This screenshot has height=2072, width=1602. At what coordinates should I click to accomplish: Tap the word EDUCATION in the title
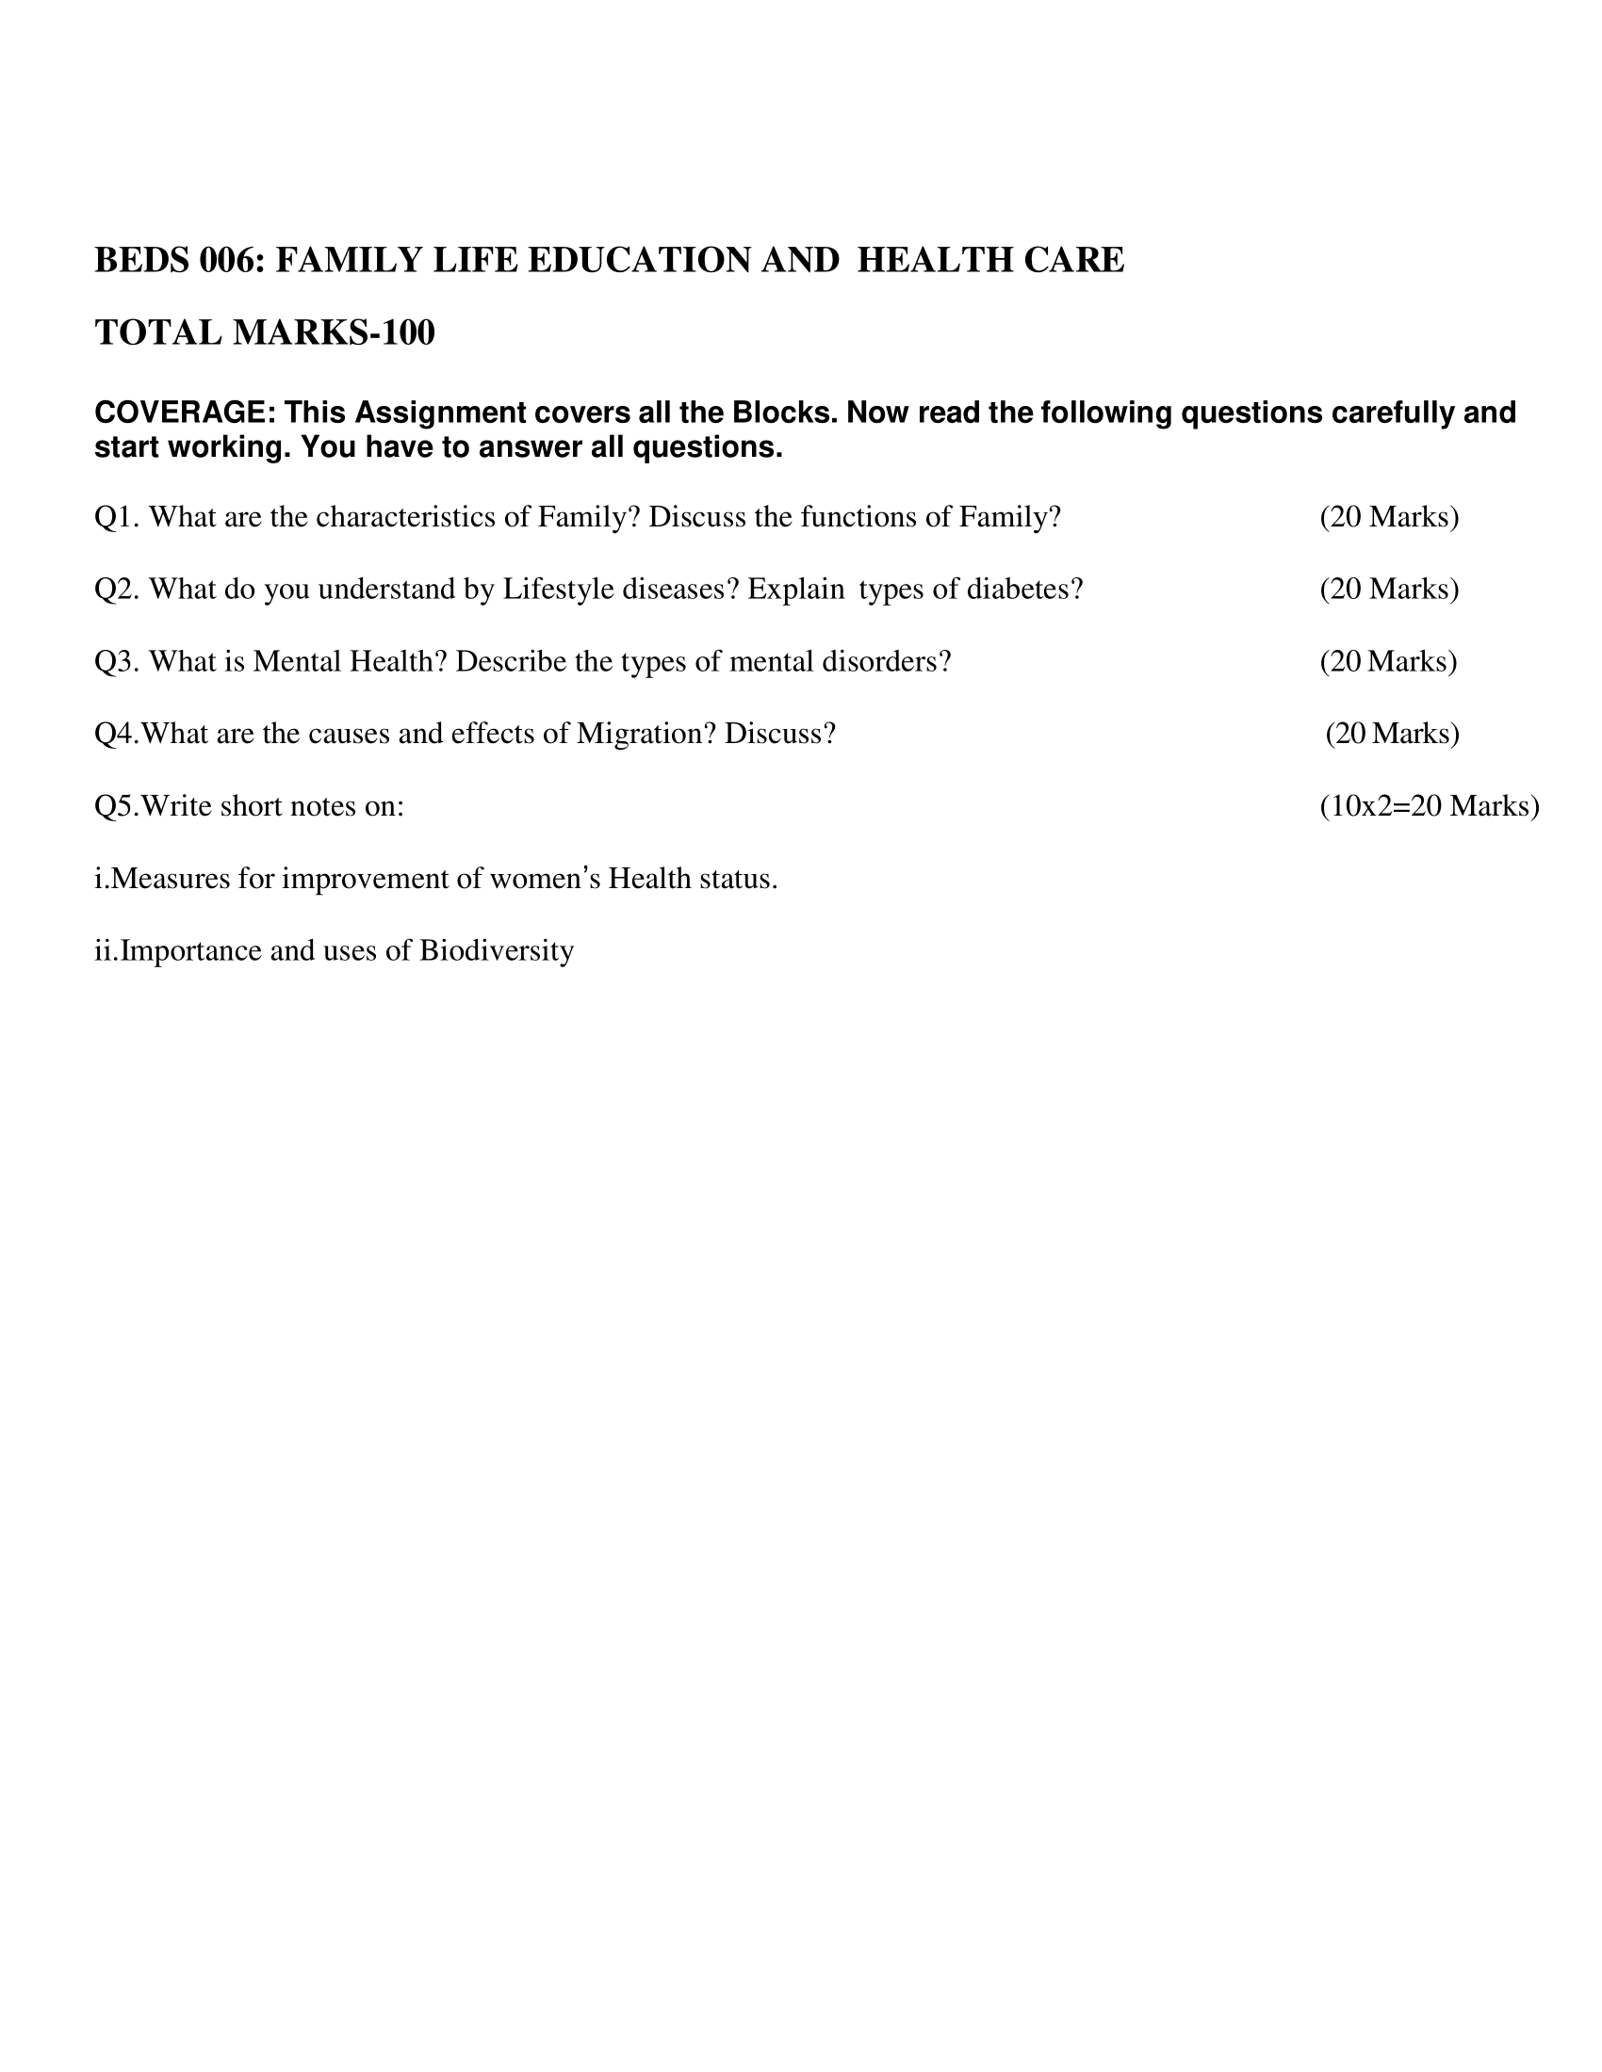pos(640,260)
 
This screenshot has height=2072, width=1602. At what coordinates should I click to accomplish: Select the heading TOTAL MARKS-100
pos(265,333)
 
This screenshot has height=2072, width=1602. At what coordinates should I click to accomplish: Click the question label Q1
pos(117,517)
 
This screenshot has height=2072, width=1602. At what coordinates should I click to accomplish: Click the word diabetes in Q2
pos(1025,590)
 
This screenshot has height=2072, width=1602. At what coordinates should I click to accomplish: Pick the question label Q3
pos(117,661)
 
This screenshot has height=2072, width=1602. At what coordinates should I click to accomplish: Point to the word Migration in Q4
pos(646,734)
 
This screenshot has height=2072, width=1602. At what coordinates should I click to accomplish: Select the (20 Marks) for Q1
pos(1388,517)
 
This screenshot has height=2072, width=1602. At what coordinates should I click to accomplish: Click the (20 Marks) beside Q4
pos(1392,734)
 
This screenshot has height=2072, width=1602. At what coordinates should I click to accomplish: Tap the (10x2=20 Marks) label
pos(1430,806)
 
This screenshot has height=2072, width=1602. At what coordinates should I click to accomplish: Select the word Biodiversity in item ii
pos(497,950)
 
